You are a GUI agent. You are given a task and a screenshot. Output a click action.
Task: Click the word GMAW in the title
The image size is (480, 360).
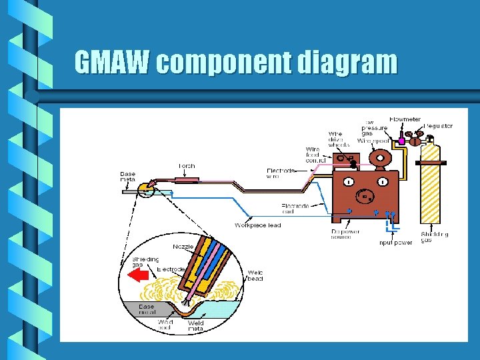(x=113, y=63)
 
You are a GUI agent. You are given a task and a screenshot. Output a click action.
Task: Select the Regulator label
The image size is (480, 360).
(x=438, y=126)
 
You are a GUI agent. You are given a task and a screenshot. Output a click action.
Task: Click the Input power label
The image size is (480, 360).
(x=395, y=243)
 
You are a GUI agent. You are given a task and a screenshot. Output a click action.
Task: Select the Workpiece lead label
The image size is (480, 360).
(x=257, y=225)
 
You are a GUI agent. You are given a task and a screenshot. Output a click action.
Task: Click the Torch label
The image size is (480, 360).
(x=187, y=167)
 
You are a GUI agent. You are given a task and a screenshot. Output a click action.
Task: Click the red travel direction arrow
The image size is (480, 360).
(x=138, y=275)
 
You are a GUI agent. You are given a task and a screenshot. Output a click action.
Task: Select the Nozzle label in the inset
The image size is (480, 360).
(x=183, y=247)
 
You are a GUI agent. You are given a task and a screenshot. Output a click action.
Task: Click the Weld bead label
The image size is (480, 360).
(x=255, y=275)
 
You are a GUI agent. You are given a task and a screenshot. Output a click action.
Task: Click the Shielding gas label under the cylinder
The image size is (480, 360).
(x=434, y=237)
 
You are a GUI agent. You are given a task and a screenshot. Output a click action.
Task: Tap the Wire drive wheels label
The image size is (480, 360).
(x=339, y=139)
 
